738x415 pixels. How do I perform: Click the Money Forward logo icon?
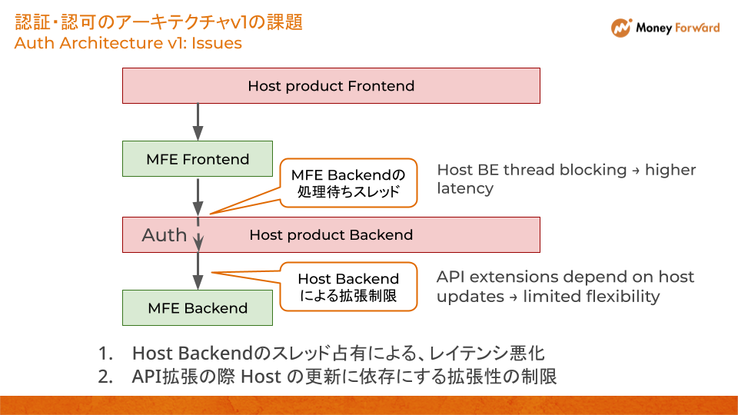tap(621, 28)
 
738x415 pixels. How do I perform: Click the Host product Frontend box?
tap(331, 85)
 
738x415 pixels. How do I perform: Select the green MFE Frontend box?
tap(198, 159)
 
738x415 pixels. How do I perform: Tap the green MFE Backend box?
tap(198, 307)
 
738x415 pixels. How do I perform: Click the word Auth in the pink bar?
tap(164, 234)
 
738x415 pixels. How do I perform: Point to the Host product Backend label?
tap(331, 234)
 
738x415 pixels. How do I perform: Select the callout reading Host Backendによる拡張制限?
tap(348, 287)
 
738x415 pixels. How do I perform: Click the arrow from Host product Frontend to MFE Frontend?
tap(198, 121)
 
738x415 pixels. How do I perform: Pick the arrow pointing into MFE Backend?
tap(198, 271)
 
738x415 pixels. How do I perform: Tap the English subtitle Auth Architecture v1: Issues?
tap(128, 43)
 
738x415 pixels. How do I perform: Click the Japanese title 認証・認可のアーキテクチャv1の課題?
tap(158, 21)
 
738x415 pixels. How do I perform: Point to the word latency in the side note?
tap(464, 188)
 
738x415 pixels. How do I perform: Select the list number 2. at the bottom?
tap(106, 377)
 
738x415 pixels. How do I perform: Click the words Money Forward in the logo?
tap(677, 28)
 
